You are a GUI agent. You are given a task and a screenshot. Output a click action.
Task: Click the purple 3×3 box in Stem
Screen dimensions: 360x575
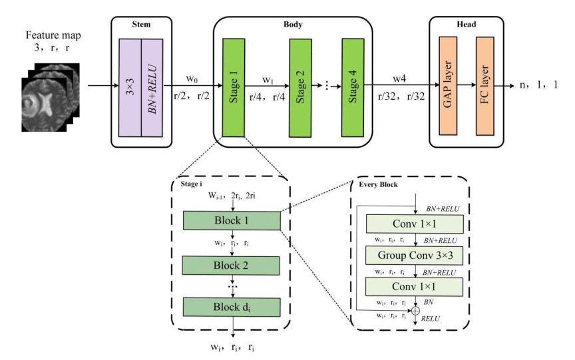(x=130, y=86)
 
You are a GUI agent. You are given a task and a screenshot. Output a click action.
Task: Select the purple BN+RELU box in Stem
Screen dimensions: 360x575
(x=152, y=86)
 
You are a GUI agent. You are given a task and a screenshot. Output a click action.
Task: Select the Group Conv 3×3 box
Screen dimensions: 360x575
(x=417, y=254)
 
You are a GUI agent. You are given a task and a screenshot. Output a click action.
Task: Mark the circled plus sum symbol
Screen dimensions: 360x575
(x=417, y=310)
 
